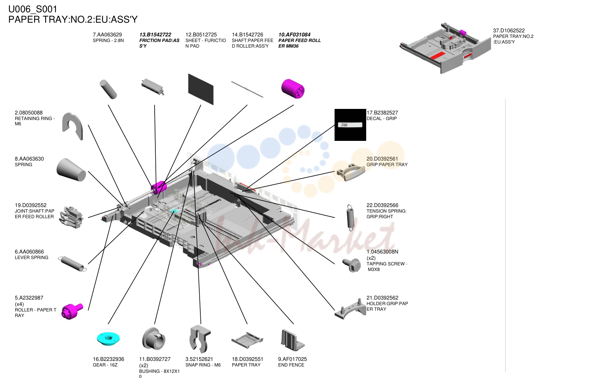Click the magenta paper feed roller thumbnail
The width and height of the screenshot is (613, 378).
click(293, 88)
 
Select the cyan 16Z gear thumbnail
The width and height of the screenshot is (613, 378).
click(108, 339)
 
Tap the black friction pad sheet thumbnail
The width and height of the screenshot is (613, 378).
click(201, 89)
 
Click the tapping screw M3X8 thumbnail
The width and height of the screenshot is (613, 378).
click(352, 265)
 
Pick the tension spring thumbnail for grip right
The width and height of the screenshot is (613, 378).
click(350, 217)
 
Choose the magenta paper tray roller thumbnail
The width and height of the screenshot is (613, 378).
click(72, 311)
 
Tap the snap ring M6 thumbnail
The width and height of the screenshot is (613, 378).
click(200, 339)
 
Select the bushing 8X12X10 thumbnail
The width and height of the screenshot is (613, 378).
click(154, 339)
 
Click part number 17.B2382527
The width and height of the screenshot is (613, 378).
click(382, 113)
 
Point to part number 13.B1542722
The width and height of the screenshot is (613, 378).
click(155, 35)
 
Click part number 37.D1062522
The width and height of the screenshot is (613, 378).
click(509, 30)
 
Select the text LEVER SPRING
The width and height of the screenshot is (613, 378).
click(32, 258)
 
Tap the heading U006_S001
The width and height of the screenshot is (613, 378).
click(33, 9)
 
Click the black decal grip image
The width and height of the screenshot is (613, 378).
click(350, 125)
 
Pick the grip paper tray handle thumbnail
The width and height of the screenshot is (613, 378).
click(351, 172)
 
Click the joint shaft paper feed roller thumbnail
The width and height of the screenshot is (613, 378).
click(71, 217)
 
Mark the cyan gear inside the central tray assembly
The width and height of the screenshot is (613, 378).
click(174, 211)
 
